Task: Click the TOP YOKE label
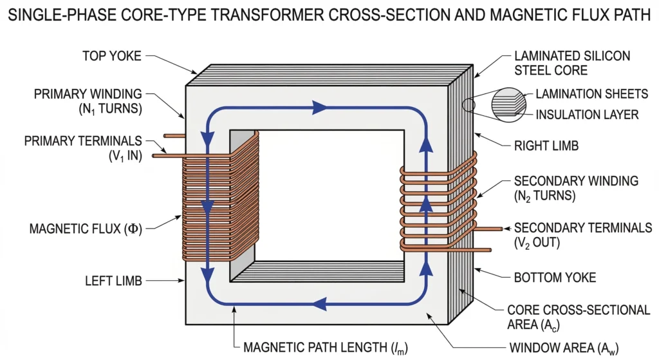(x=111, y=56)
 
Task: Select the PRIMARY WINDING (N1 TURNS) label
(x=89, y=101)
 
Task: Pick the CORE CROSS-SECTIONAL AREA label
(x=579, y=317)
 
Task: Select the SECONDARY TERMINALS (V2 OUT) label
(x=583, y=236)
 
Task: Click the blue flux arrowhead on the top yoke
(x=319, y=108)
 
